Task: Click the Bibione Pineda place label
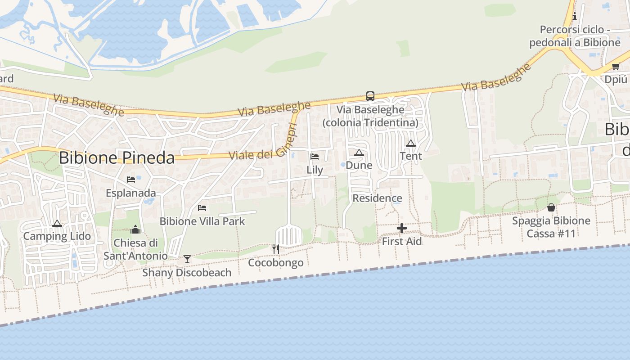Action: click(117, 158)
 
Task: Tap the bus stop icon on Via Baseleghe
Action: click(370, 96)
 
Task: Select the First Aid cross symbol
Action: click(402, 229)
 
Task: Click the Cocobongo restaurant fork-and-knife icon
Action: click(276, 249)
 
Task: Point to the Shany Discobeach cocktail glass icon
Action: click(187, 259)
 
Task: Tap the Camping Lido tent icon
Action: click(57, 223)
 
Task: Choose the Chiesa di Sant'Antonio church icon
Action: click(135, 230)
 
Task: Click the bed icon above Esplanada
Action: click(131, 180)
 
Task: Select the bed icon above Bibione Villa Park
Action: click(202, 208)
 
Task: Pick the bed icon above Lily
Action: click(315, 157)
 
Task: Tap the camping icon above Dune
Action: click(359, 153)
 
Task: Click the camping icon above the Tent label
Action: click(410, 144)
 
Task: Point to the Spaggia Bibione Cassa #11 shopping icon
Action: click(551, 207)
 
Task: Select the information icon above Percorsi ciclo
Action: click(575, 17)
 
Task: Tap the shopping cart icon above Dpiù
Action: click(616, 67)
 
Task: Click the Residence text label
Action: click(377, 198)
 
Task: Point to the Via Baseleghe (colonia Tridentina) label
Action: click(370, 116)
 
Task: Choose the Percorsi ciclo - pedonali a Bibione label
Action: click(575, 36)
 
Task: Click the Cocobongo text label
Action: click(276, 263)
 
